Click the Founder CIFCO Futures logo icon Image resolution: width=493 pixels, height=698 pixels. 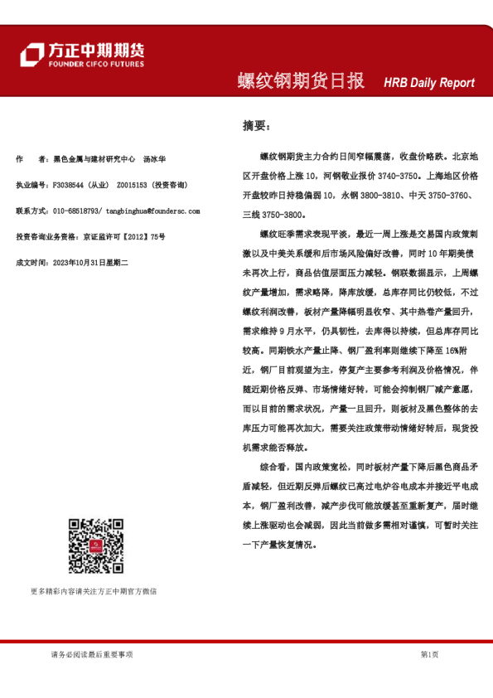pos(31,55)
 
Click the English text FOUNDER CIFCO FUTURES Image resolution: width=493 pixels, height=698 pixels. pos(96,64)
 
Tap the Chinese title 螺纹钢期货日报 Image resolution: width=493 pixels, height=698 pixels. pos(301,81)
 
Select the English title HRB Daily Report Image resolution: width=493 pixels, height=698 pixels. pos(429,83)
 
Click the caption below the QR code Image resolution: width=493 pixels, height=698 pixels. pos(93,591)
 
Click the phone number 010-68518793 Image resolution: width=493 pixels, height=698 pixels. pos(82,211)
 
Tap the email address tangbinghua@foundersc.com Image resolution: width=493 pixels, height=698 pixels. pos(157,211)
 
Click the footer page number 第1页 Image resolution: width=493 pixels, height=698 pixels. pos(429,655)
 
